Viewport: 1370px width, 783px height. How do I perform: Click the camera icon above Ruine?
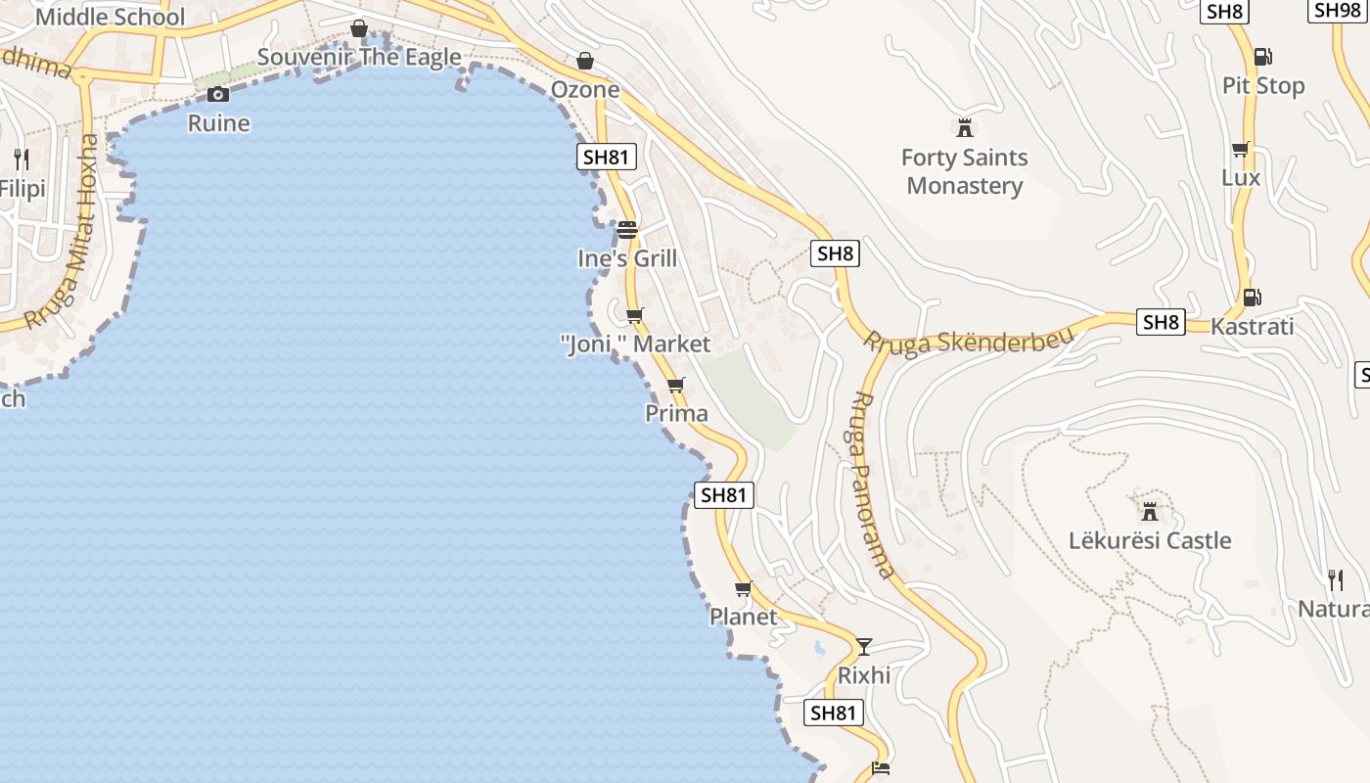click(218, 94)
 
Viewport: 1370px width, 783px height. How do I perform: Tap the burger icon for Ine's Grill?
click(627, 230)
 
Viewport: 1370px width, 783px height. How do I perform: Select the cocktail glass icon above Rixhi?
click(863, 646)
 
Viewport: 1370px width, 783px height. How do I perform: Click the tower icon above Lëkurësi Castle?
click(1150, 511)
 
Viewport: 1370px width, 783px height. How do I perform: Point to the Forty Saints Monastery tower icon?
click(965, 127)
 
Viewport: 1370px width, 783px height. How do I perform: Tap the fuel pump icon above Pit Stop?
click(1262, 57)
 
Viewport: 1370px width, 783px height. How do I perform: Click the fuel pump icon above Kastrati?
click(1251, 298)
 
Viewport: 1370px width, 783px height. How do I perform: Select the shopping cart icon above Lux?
click(1240, 149)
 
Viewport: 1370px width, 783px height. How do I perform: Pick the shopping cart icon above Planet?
click(743, 588)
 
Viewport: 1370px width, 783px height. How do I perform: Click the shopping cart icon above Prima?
click(675, 385)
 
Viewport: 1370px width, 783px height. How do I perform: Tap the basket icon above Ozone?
click(584, 61)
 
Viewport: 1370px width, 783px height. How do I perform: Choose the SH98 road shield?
click(1337, 10)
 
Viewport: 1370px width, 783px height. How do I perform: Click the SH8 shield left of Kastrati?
click(1161, 322)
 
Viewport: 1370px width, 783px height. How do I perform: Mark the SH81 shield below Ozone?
click(607, 157)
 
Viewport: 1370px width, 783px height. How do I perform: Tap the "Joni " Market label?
click(635, 345)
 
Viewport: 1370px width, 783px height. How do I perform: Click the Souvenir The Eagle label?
click(359, 57)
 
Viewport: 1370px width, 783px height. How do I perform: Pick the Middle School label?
click(110, 17)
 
